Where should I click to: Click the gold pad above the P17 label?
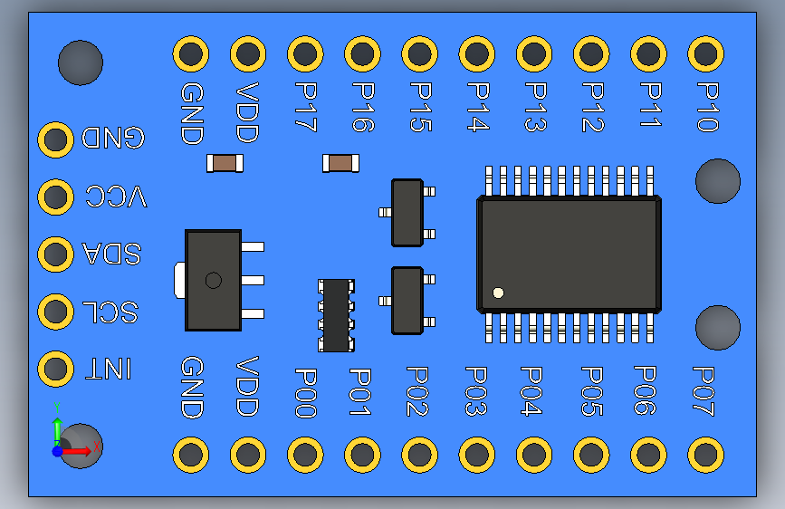tap(305, 54)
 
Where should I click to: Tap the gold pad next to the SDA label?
tap(56, 254)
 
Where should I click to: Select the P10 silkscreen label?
tap(707, 107)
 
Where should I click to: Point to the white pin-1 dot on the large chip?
tap(498, 293)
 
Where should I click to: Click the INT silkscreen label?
tap(108, 370)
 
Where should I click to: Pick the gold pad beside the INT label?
tap(56, 370)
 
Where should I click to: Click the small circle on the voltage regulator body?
tap(213, 281)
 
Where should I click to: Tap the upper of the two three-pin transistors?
tap(407, 213)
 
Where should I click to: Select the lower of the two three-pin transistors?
tap(407, 300)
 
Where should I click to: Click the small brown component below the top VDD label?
tap(224, 163)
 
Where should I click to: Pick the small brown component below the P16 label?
tap(340, 163)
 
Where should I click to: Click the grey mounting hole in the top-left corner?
tap(80, 62)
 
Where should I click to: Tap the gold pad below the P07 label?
tap(705, 454)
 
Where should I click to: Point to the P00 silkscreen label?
tap(305, 392)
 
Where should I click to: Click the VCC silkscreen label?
tap(116, 197)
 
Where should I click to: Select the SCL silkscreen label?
tap(110, 312)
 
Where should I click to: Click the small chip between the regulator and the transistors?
tap(337, 314)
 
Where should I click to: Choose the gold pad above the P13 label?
tap(533, 54)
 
